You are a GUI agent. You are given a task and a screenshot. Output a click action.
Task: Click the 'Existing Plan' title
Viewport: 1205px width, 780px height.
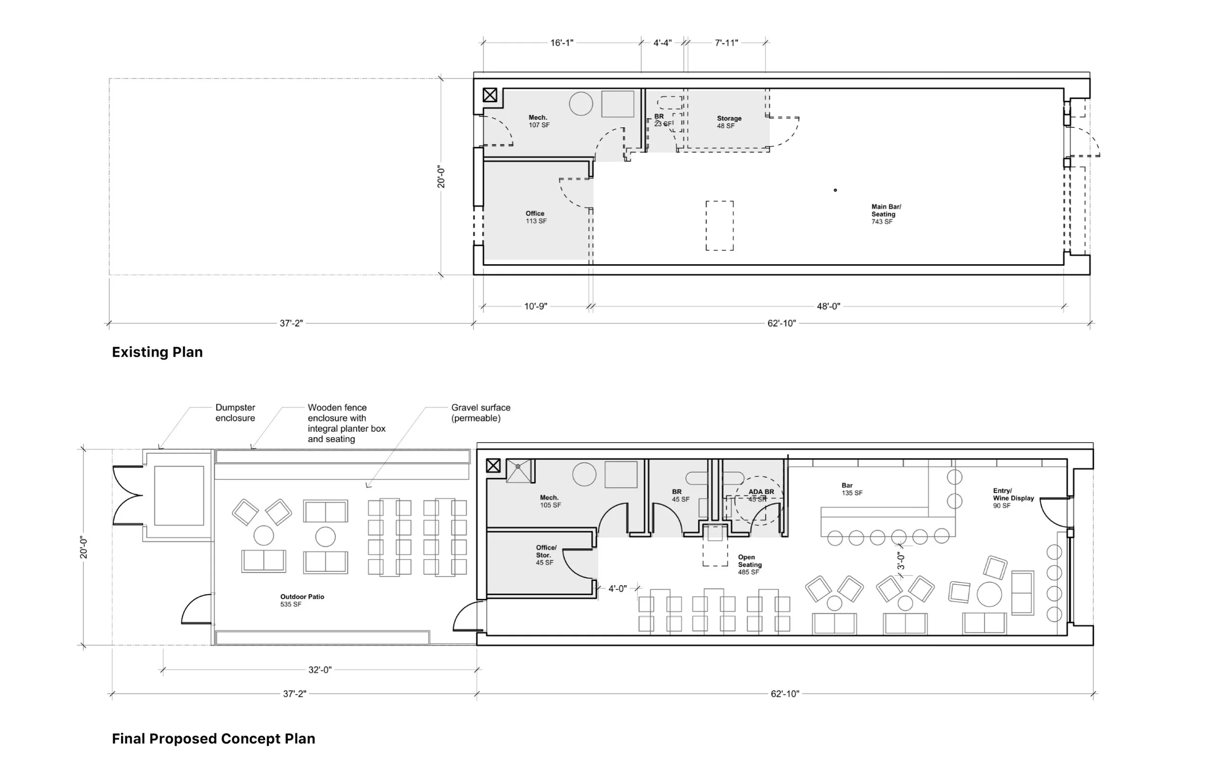tap(157, 352)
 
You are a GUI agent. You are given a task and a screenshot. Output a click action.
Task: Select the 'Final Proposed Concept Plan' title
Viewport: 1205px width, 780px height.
tap(213, 739)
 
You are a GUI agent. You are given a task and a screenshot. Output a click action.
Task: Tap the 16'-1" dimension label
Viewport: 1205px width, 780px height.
tap(562, 43)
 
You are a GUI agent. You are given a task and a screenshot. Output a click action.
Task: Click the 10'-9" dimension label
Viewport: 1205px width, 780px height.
tap(536, 307)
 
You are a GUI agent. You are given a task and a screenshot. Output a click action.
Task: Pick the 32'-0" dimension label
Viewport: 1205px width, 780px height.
tap(320, 670)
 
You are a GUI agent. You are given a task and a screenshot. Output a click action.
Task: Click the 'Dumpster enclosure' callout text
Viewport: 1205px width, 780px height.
tap(235, 413)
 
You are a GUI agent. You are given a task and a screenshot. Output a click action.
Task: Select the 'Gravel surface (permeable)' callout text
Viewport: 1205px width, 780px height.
tap(481, 413)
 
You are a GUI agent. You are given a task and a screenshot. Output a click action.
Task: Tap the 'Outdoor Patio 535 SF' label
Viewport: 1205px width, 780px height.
tap(302, 600)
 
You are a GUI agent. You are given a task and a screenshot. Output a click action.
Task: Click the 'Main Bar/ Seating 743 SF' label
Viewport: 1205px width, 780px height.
tap(886, 214)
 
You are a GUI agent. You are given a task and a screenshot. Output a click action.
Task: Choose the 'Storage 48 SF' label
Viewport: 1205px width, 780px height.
tap(729, 122)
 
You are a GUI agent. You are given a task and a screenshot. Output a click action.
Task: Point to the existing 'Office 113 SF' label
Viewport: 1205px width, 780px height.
tap(536, 217)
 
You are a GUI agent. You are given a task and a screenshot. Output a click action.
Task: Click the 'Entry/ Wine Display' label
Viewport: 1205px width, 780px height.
tap(1013, 494)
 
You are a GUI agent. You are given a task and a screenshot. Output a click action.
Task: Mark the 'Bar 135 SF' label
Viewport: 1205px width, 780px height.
tap(852, 489)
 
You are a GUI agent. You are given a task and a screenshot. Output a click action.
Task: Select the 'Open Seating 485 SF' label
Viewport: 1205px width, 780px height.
tap(750, 565)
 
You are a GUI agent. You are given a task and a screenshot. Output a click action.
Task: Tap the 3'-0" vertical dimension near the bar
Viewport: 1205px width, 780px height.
tap(901, 560)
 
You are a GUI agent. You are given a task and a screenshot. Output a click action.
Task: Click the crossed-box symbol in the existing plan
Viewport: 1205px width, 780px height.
tap(490, 94)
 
